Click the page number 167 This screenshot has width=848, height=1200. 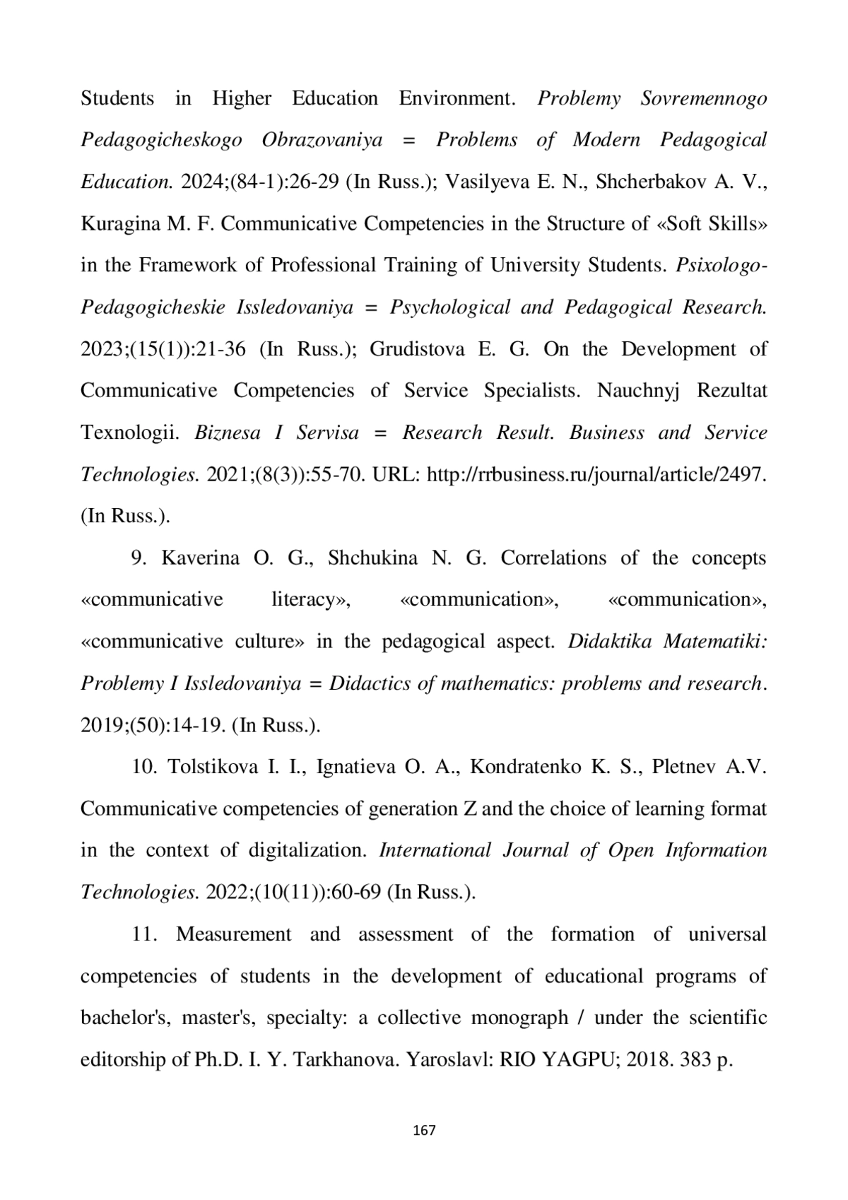point(423,1130)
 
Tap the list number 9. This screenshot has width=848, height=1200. point(139,558)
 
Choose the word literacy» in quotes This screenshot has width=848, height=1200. point(312,600)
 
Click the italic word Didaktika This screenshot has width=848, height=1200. point(609,642)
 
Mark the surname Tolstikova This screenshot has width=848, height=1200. point(213,767)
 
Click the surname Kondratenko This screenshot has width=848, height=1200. point(526,767)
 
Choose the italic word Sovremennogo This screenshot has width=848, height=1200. point(703,98)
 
